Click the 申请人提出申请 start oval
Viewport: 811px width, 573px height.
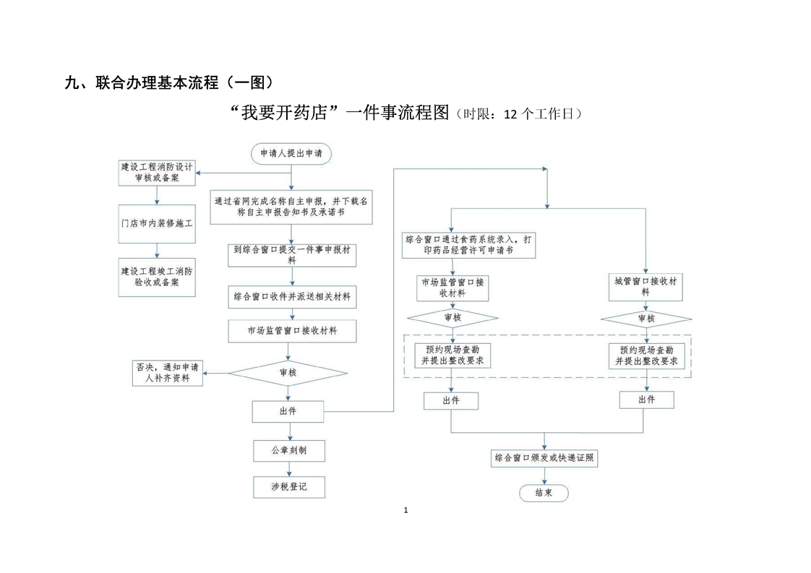pos(291,153)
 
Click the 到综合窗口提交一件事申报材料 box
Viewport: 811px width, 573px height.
pos(291,254)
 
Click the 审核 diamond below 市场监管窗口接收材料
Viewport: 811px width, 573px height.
pos(288,372)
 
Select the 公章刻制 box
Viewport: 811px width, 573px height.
pos(288,450)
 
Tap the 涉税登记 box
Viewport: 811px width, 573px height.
pos(288,487)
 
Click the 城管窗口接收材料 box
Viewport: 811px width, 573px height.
pos(645,287)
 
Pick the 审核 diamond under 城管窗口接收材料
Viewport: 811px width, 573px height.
pos(646,318)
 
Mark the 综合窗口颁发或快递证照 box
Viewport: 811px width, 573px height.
pos(544,457)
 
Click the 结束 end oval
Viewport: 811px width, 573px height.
pos(544,493)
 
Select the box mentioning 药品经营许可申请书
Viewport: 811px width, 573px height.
pos(470,244)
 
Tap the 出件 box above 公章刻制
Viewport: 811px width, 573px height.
pos(288,411)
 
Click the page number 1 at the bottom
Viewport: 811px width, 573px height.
pos(405,511)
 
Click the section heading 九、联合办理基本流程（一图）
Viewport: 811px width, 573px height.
pos(169,82)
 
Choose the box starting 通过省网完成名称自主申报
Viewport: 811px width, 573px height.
pos(291,207)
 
